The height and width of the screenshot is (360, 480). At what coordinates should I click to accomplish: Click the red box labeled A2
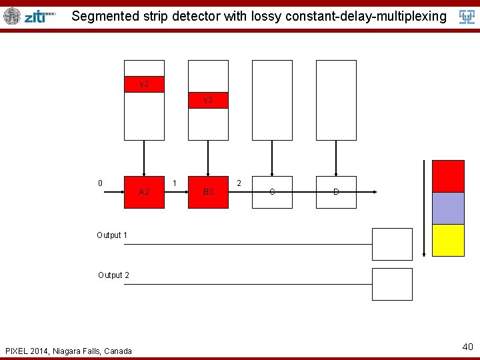point(144,192)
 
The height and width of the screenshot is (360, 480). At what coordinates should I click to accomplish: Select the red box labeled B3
point(208,192)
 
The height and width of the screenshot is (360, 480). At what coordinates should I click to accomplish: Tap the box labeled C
point(272,192)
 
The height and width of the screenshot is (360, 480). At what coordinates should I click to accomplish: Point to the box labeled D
point(336,192)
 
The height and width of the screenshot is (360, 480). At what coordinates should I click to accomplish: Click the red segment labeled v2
point(144,84)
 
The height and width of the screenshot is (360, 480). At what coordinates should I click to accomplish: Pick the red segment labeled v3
point(208,100)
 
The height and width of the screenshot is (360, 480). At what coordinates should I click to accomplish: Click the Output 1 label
point(112,235)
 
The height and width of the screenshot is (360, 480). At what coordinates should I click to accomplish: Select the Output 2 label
point(113,275)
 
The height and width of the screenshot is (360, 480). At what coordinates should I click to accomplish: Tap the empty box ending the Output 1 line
point(392,244)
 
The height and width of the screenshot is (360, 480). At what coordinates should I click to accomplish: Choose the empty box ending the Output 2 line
point(392,284)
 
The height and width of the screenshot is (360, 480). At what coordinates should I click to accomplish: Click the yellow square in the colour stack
point(448,240)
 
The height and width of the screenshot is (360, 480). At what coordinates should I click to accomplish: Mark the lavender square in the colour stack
point(448,208)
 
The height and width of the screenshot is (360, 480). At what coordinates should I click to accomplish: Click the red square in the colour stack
point(448,176)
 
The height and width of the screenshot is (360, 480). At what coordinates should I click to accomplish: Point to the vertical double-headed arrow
point(424,208)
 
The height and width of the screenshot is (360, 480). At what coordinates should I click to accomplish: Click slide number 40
point(467,347)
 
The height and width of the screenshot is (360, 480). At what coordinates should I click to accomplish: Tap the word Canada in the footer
point(117,351)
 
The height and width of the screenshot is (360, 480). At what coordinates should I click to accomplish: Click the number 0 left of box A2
point(100,183)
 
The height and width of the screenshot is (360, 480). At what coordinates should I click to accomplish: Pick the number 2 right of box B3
point(239,183)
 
